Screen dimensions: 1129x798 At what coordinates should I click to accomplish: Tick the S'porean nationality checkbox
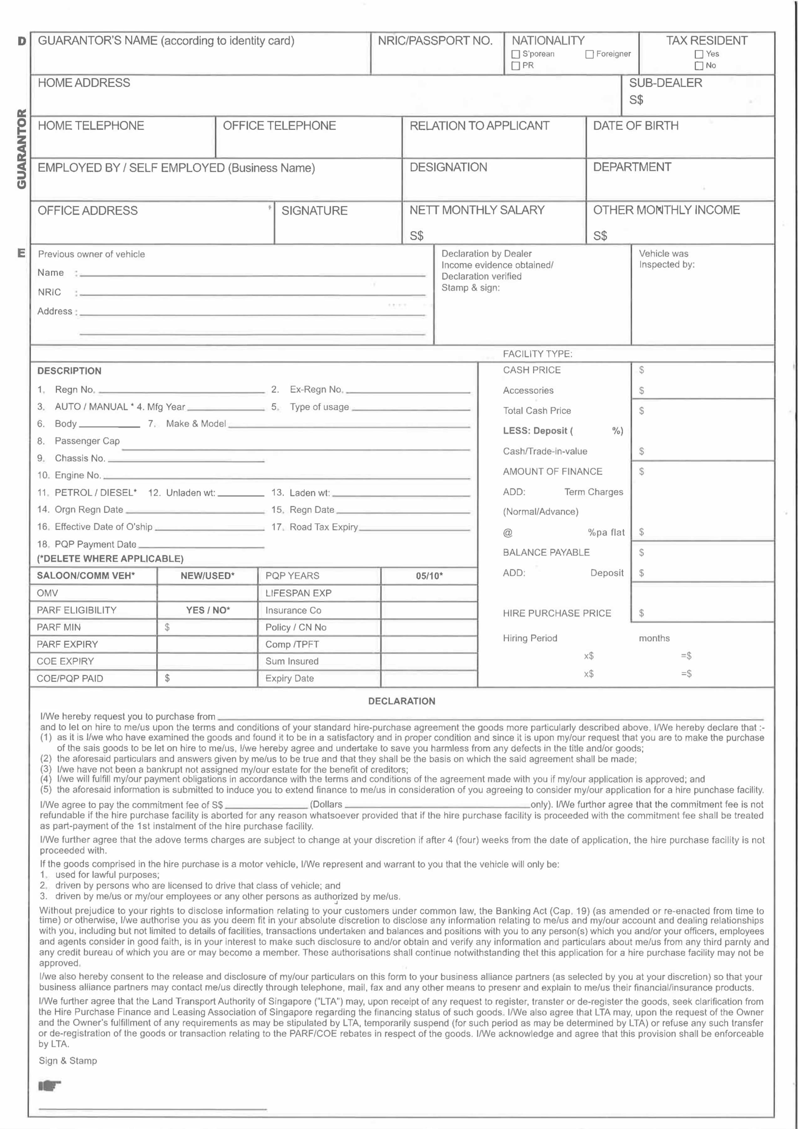(515, 54)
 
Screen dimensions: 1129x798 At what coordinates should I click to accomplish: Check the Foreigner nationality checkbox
(589, 54)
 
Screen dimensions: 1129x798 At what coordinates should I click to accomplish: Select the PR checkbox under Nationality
(515, 65)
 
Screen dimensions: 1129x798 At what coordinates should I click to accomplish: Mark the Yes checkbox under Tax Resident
(699, 54)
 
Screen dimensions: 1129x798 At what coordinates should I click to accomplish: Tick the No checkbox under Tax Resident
(699, 65)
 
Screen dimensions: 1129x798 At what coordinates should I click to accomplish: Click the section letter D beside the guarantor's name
(22, 41)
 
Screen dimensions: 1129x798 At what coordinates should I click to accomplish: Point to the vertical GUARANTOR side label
(22, 148)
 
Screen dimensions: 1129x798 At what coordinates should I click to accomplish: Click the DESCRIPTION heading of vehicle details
(69, 371)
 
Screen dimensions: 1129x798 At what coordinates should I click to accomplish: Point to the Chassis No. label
(79, 458)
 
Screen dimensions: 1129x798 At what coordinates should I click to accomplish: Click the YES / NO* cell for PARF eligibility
(208, 610)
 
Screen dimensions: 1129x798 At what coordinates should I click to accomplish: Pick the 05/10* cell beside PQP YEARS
(429, 576)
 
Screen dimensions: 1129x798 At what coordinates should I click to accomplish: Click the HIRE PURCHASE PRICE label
(557, 613)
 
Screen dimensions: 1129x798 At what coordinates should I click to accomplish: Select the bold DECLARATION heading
(402, 701)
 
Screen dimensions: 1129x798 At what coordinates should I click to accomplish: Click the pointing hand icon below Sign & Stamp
(49, 1085)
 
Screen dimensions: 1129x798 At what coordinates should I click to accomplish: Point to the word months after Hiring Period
(654, 638)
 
